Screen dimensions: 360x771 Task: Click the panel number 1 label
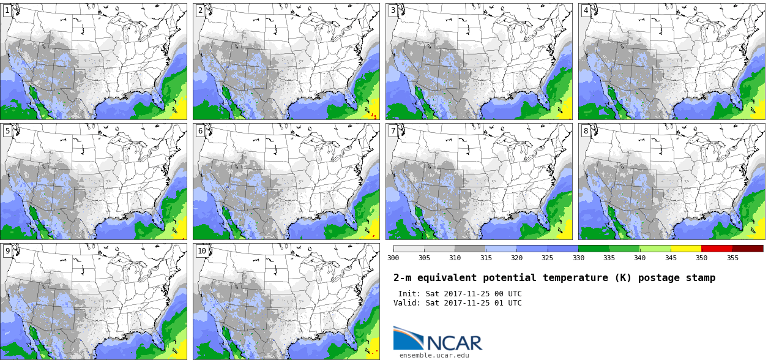point(7,10)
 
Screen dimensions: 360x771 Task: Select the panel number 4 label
point(586,10)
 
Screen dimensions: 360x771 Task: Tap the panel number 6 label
point(200,131)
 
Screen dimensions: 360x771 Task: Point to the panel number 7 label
point(393,131)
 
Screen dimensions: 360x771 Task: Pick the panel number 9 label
point(7,251)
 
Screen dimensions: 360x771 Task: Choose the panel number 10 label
point(202,251)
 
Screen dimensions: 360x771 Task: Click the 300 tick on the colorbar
point(393,258)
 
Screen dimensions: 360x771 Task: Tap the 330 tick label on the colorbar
point(578,258)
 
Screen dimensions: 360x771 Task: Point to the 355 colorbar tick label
point(732,258)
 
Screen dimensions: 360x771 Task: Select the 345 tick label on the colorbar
point(671,258)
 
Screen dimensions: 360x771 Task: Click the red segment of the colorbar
point(717,249)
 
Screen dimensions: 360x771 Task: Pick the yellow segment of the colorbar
point(686,249)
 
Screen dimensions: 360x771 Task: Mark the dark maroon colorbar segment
point(748,249)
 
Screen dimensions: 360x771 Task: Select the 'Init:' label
point(409,294)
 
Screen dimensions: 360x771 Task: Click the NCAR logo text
point(454,342)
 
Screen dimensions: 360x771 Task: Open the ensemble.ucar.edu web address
point(434,355)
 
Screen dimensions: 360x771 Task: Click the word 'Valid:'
point(407,303)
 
